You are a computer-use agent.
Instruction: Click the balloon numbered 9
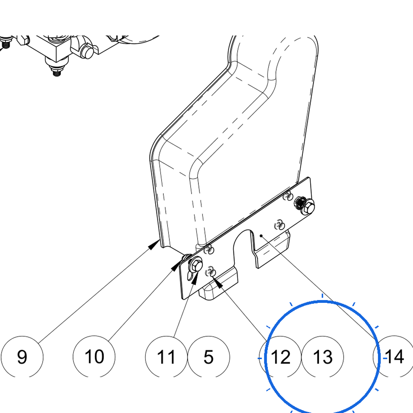pos(22,357)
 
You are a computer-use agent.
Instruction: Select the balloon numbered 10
pos(94,357)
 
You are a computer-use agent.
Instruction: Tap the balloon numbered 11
pos(166,357)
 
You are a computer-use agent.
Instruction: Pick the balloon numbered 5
pos(209,357)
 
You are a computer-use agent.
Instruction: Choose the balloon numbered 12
pos(280,357)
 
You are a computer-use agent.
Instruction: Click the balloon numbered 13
pos(322,357)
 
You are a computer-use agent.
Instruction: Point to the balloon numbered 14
pos(394,357)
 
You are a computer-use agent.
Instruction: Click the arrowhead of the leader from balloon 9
pos(154,244)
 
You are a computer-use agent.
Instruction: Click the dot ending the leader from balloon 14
pos(261,236)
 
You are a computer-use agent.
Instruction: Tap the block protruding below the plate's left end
pos(218,286)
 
